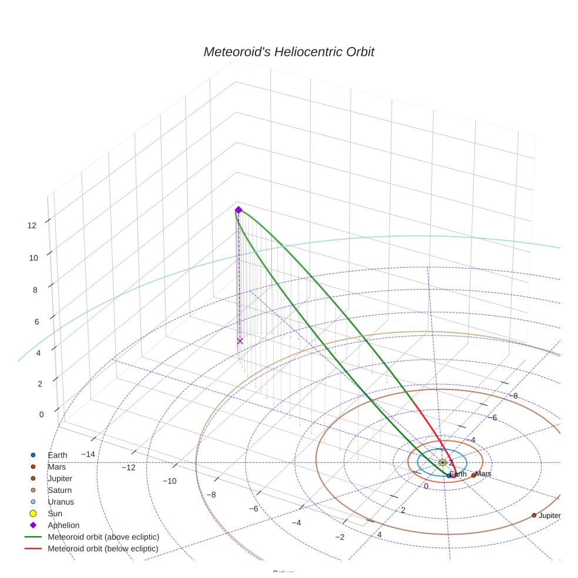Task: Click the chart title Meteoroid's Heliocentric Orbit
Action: tap(288, 52)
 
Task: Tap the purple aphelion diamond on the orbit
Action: tap(238, 210)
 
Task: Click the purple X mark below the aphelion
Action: tap(240, 341)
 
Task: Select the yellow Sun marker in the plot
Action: tap(442, 463)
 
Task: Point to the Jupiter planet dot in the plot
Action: tap(534, 515)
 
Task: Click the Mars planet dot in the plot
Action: tap(473, 475)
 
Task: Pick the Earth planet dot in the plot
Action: tap(449, 476)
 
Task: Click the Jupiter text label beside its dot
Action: tap(549, 516)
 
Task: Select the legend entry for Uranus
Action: tap(61, 502)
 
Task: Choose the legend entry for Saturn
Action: tap(60, 490)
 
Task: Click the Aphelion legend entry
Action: tap(63, 526)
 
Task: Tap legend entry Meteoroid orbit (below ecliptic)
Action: tap(103, 549)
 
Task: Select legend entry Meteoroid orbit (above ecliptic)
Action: tap(103, 537)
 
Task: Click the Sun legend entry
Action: tap(55, 514)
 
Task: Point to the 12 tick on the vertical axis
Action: tap(32, 225)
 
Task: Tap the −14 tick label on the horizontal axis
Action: tap(88, 454)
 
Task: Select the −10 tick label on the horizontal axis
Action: tap(169, 481)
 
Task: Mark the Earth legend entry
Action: tap(57, 455)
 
